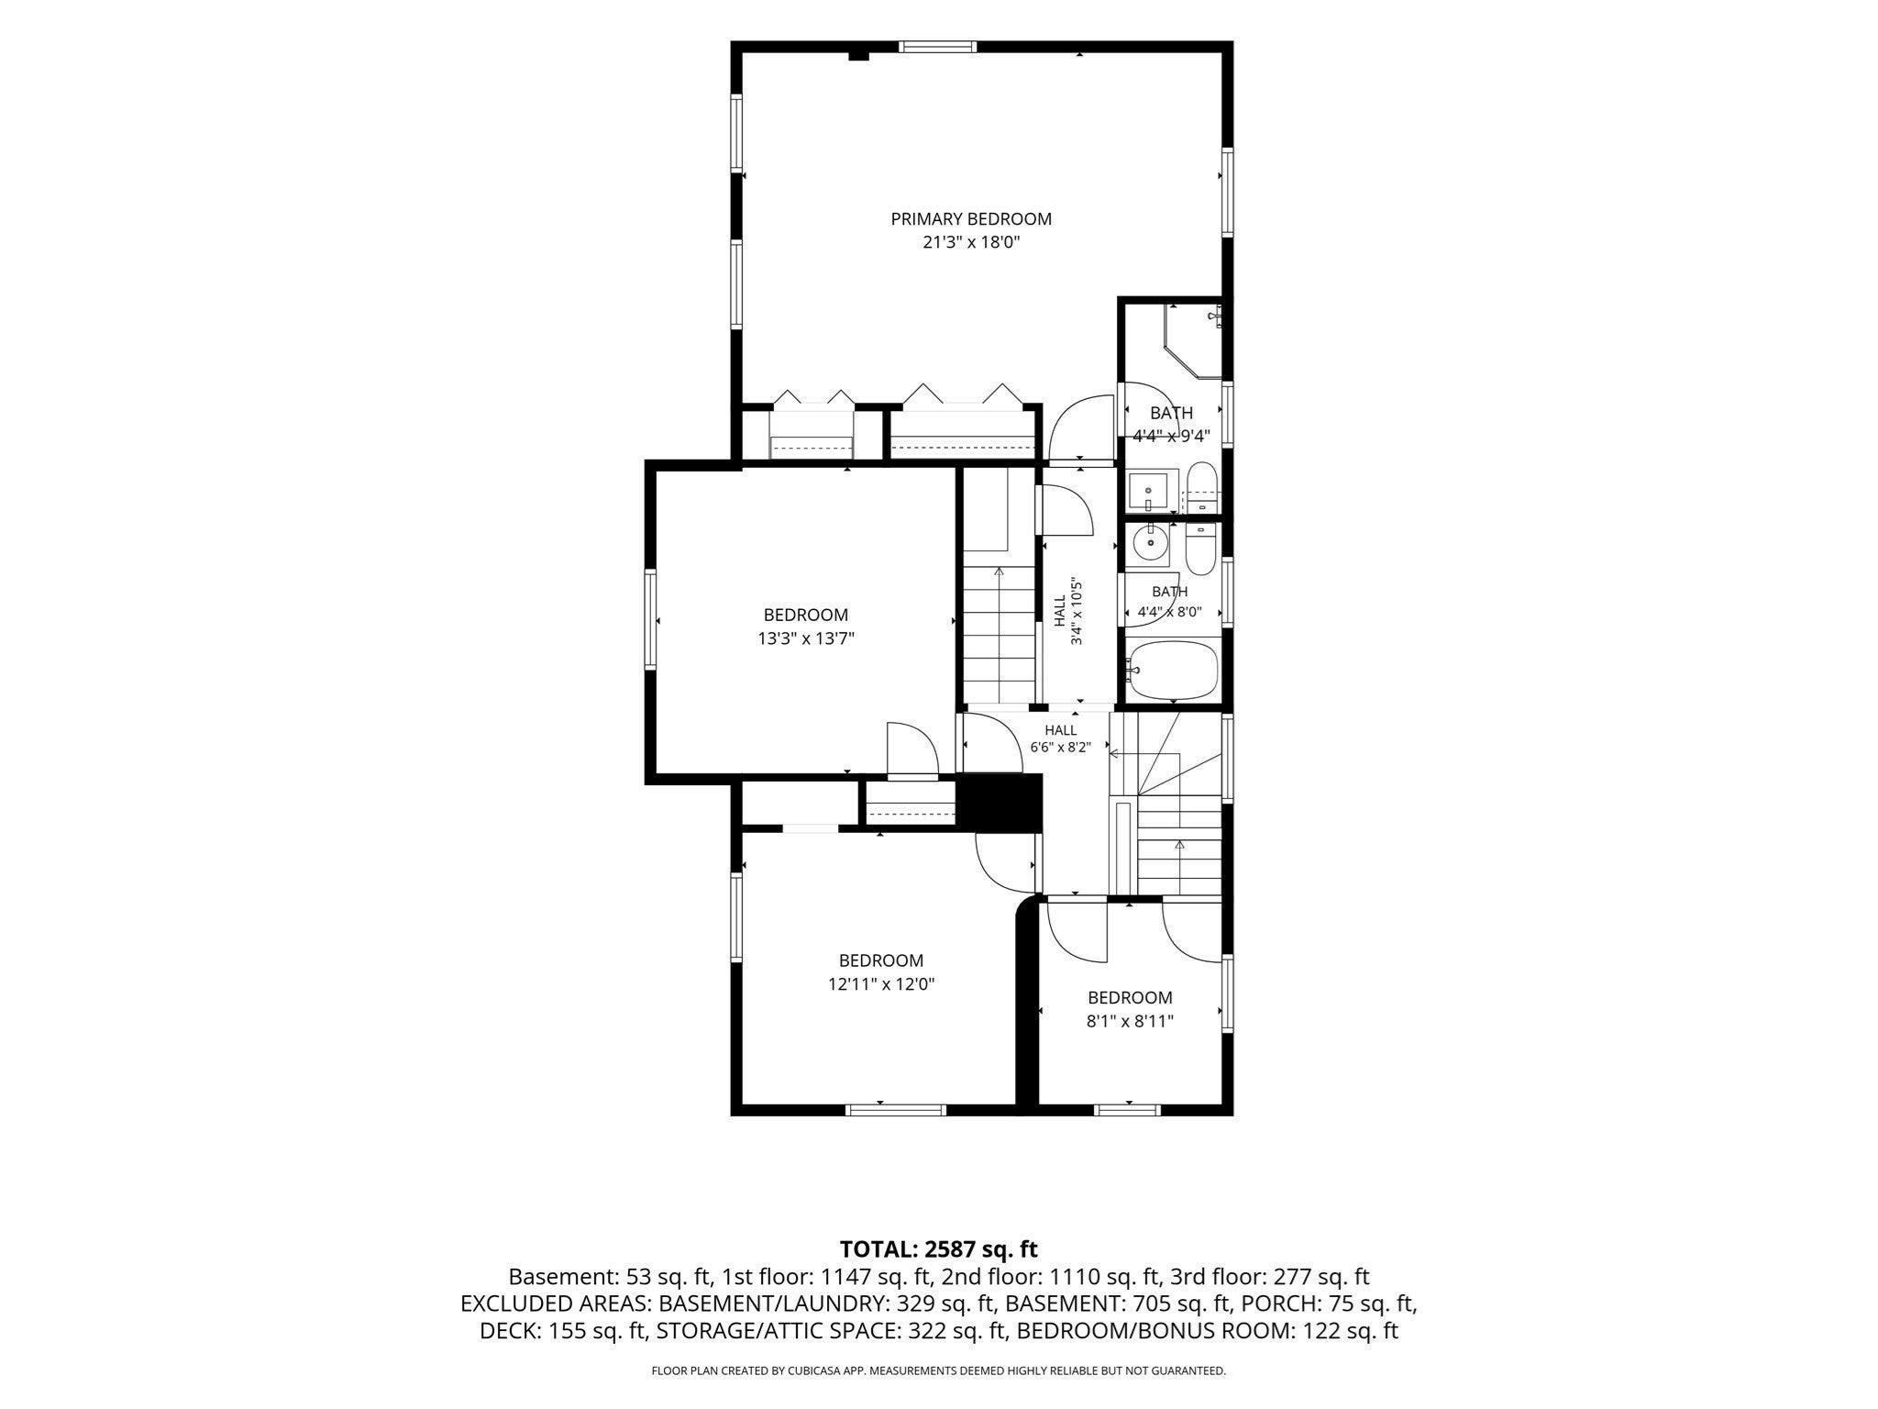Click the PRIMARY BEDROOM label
[x=971, y=219]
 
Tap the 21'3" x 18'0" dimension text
[x=971, y=243]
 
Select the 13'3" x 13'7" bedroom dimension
[x=806, y=638]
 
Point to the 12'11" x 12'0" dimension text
[x=880, y=984]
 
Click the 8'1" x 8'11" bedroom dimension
[x=1130, y=1021]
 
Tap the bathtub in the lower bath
[x=1173, y=671]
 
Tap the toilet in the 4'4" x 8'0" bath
[x=1200, y=549]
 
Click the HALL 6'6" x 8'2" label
[x=1061, y=738]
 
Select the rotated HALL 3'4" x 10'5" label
[x=1068, y=611]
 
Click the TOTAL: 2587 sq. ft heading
[x=939, y=1248]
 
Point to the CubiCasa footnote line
[x=938, y=1371]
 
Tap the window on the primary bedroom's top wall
[x=937, y=47]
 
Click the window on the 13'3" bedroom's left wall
[x=650, y=619]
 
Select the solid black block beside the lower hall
[x=1000, y=803]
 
